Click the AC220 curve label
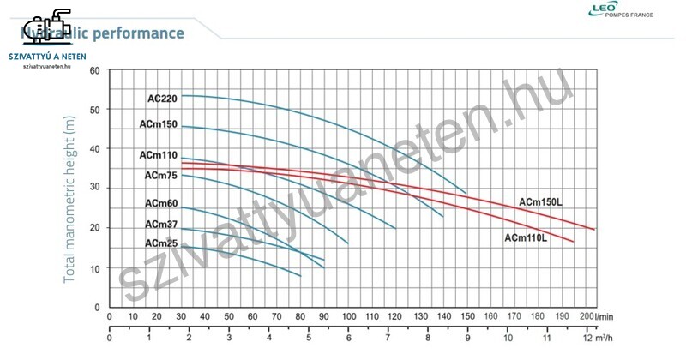pyautogui.click(x=162, y=99)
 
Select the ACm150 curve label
pyautogui.click(x=159, y=124)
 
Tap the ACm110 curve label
pyautogui.click(x=159, y=156)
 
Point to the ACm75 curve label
pyautogui.click(x=161, y=176)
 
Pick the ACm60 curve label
pyautogui.click(x=161, y=204)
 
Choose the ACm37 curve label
pyautogui.click(x=161, y=225)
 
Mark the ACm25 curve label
pyautogui.click(x=161, y=243)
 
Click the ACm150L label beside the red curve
pyautogui.click(x=545, y=202)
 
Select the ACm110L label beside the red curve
pyautogui.click(x=527, y=237)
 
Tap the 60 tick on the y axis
pyautogui.click(x=94, y=70)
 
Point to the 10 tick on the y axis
pyautogui.click(x=94, y=268)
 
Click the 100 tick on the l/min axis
pyautogui.click(x=349, y=317)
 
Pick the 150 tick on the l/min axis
pyautogui.click(x=468, y=317)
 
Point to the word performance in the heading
pyautogui.click(x=141, y=33)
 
